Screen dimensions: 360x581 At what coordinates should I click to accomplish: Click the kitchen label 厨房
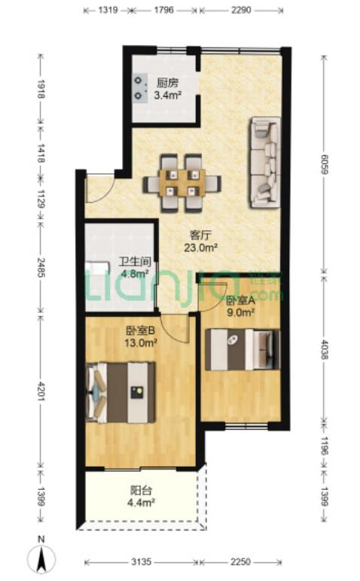click(168, 82)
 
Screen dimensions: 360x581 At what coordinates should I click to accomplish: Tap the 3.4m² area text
click(168, 96)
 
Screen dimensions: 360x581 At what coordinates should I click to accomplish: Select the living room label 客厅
click(200, 235)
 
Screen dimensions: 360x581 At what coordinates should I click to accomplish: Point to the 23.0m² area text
click(200, 248)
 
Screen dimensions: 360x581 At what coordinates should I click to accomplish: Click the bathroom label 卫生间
click(135, 263)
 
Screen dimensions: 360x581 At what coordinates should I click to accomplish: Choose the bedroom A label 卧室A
click(240, 300)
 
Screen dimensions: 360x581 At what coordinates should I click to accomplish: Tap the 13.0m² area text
click(141, 343)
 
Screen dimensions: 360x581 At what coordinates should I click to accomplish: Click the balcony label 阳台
click(142, 491)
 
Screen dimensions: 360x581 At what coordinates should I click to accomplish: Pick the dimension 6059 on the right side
click(324, 164)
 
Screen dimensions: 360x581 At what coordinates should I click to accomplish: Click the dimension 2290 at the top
click(241, 10)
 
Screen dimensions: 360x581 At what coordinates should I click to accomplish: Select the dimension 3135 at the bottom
click(142, 562)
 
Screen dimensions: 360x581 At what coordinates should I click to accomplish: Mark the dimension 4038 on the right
click(324, 349)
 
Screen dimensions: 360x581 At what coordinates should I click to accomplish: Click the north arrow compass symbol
click(41, 556)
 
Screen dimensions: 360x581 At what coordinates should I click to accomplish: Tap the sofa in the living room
click(264, 163)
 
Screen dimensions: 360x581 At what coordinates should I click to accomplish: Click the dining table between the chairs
click(182, 183)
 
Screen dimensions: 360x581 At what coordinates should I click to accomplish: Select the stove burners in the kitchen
click(139, 88)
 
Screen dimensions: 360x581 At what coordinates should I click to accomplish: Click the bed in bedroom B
click(120, 393)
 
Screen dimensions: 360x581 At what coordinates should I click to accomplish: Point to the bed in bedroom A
click(243, 349)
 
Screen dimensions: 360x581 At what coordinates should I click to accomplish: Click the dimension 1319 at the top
click(108, 10)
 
